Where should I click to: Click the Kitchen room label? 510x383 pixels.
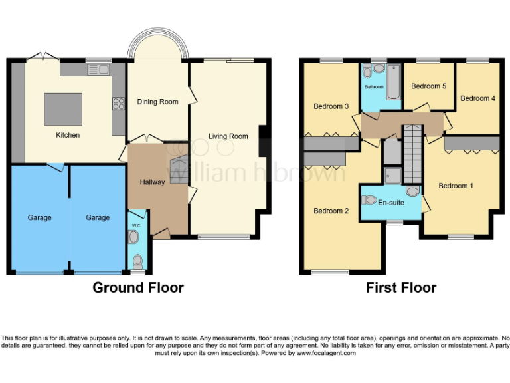coord(68,135)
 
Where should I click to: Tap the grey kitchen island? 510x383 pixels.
coord(63,109)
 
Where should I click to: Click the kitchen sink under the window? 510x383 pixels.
coord(102,68)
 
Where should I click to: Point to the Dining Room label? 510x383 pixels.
coord(157,102)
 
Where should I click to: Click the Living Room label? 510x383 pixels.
coord(228,136)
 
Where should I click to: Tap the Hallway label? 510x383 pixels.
coord(152,182)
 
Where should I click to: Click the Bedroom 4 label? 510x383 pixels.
coord(477,98)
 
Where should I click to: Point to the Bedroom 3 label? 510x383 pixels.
coord(331,106)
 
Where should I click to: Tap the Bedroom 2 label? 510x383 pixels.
coord(331,211)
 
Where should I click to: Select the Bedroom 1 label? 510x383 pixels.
coord(456,186)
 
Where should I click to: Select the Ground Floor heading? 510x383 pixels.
coord(138,287)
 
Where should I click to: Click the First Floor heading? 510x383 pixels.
coord(401,287)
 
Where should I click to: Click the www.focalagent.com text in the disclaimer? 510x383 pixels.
coord(325,353)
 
